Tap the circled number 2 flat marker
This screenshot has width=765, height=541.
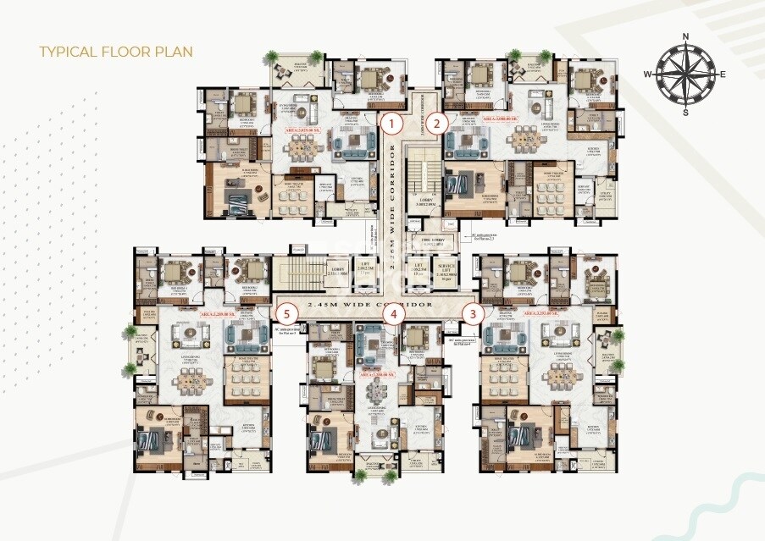(x=436, y=124)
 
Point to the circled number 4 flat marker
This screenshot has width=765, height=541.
(x=392, y=313)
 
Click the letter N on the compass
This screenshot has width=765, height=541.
(x=685, y=36)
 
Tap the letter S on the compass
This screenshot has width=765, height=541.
(x=685, y=113)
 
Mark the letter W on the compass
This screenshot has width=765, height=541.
(x=646, y=75)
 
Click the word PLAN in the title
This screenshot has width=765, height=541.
(x=171, y=52)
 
